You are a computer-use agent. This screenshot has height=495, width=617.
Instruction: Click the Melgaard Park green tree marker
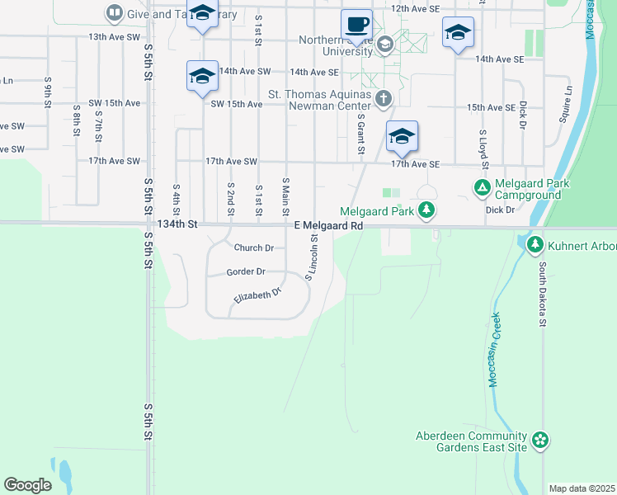426,211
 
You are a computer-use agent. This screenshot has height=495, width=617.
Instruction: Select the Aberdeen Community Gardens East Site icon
540,441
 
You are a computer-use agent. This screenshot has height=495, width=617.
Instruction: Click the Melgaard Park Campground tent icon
483,188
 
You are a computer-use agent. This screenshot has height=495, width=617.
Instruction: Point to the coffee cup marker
356,25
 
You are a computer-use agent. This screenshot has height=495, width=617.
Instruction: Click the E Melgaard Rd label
329,224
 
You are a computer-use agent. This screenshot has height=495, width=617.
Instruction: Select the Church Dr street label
253,247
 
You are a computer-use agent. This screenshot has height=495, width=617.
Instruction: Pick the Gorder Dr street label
246,271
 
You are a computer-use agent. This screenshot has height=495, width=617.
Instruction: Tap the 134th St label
178,224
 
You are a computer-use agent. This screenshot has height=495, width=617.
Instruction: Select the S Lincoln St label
312,257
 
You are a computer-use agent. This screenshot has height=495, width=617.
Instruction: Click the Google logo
27,485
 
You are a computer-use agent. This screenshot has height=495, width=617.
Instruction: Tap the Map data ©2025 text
582,488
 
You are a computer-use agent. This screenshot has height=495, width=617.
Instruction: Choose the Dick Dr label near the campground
500,210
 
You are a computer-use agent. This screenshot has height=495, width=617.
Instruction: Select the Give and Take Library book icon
113,13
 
